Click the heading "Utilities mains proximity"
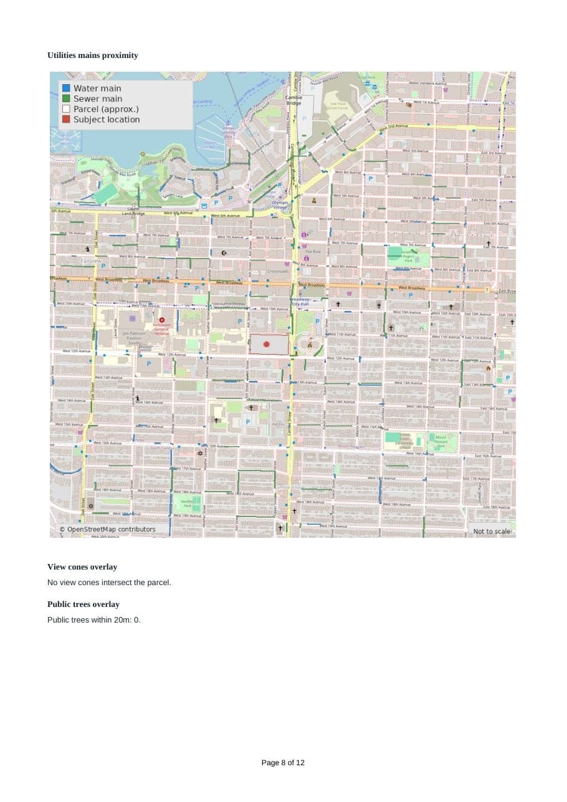click(93, 55)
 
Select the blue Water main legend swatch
click(66, 88)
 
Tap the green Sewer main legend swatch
click(66, 98)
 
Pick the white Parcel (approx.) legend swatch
click(66, 109)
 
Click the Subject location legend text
click(107, 120)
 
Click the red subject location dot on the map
click(267, 344)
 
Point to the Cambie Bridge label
click(294, 100)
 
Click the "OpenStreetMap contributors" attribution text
click(107, 530)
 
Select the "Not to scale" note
click(492, 531)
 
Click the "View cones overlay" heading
click(82, 567)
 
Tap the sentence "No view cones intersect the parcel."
click(109, 583)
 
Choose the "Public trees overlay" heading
click(83, 604)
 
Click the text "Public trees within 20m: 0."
click(94, 620)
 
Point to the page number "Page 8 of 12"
click(283, 763)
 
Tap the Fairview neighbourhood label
click(92, 260)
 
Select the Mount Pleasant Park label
click(442, 441)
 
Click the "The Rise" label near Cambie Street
click(313, 251)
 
